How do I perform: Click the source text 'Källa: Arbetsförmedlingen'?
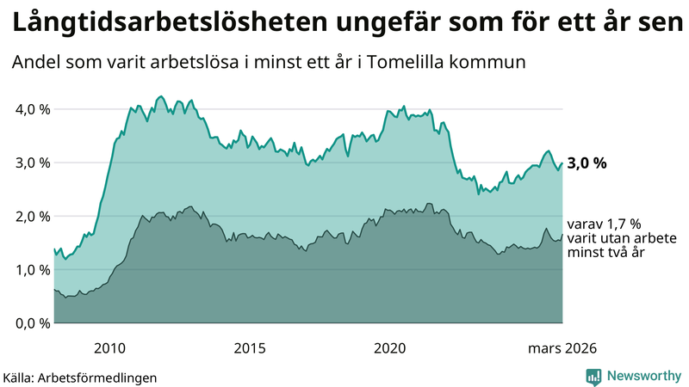80,377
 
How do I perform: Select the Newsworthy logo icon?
593,376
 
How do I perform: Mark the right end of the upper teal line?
562,163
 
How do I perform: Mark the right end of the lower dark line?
562,234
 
